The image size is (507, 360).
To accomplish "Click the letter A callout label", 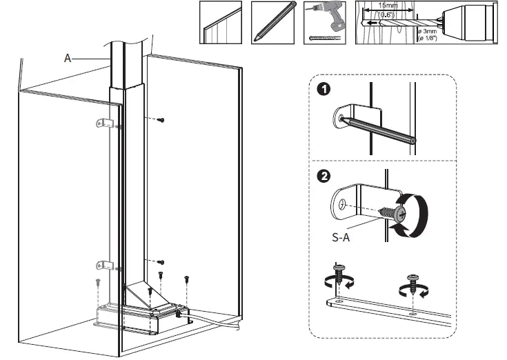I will tap(68, 59).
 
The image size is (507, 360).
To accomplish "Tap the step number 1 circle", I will tap(323, 89).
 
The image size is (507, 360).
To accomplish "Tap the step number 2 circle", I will tap(323, 177).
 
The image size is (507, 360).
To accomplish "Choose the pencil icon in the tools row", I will tap(272, 22).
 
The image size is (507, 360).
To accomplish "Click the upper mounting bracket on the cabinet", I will tap(103, 123).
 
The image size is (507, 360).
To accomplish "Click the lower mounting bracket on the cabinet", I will tap(103, 265).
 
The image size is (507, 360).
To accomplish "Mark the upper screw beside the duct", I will tap(161, 120).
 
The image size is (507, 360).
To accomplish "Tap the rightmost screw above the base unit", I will tap(186, 279).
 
